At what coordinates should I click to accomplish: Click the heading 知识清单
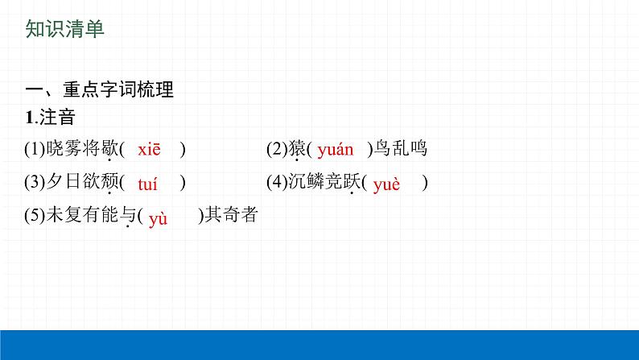point(65,29)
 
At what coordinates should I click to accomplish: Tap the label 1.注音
point(50,118)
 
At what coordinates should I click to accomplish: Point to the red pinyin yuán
point(336,149)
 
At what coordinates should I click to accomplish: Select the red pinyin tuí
point(148,184)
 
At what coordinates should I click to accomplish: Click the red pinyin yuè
point(386,184)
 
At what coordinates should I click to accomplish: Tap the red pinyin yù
point(158,217)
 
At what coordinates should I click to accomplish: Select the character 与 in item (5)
point(127,217)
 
